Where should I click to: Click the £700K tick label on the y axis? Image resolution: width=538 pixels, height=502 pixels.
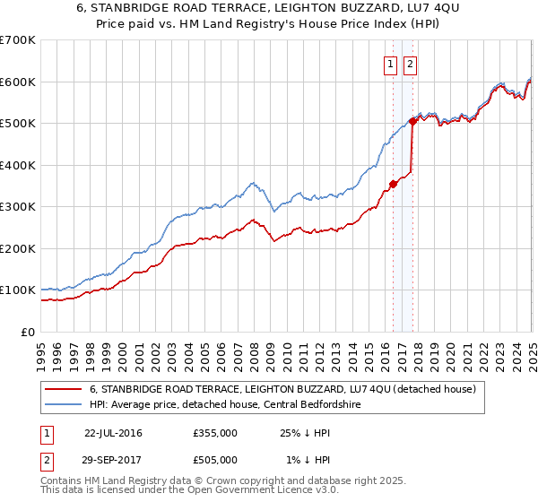[x=18, y=40]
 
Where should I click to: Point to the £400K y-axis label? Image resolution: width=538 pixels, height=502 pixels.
[x=18, y=165]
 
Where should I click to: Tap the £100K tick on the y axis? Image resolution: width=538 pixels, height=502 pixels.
[x=18, y=290]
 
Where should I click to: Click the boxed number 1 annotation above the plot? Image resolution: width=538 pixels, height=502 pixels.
[x=392, y=64]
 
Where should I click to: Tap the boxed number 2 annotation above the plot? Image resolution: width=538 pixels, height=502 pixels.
[x=411, y=64]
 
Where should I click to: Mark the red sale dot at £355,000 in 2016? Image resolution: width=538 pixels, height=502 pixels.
[x=393, y=184]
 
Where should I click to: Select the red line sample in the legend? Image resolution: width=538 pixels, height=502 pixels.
[x=64, y=389]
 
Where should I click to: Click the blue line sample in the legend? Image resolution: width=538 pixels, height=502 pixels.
[x=64, y=403]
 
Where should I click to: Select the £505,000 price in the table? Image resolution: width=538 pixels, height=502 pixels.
[x=215, y=460]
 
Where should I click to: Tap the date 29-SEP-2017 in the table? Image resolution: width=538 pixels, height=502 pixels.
[x=113, y=460]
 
